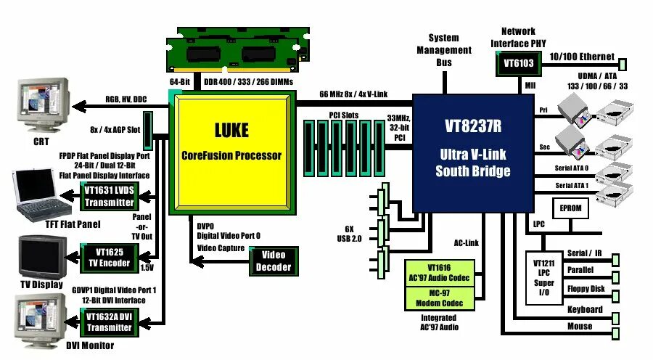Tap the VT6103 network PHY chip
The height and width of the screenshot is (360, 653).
(x=518, y=64)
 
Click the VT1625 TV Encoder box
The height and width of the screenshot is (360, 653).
(x=109, y=257)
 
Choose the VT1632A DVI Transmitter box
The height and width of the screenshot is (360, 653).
(x=109, y=322)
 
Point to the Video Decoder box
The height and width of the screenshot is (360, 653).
(x=274, y=261)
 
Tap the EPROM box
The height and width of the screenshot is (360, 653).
(x=570, y=208)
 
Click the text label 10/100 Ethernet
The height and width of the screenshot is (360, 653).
(x=582, y=57)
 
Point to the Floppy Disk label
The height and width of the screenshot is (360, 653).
(x=586, y=290)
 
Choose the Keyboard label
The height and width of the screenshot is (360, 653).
(x=585, y=310)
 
